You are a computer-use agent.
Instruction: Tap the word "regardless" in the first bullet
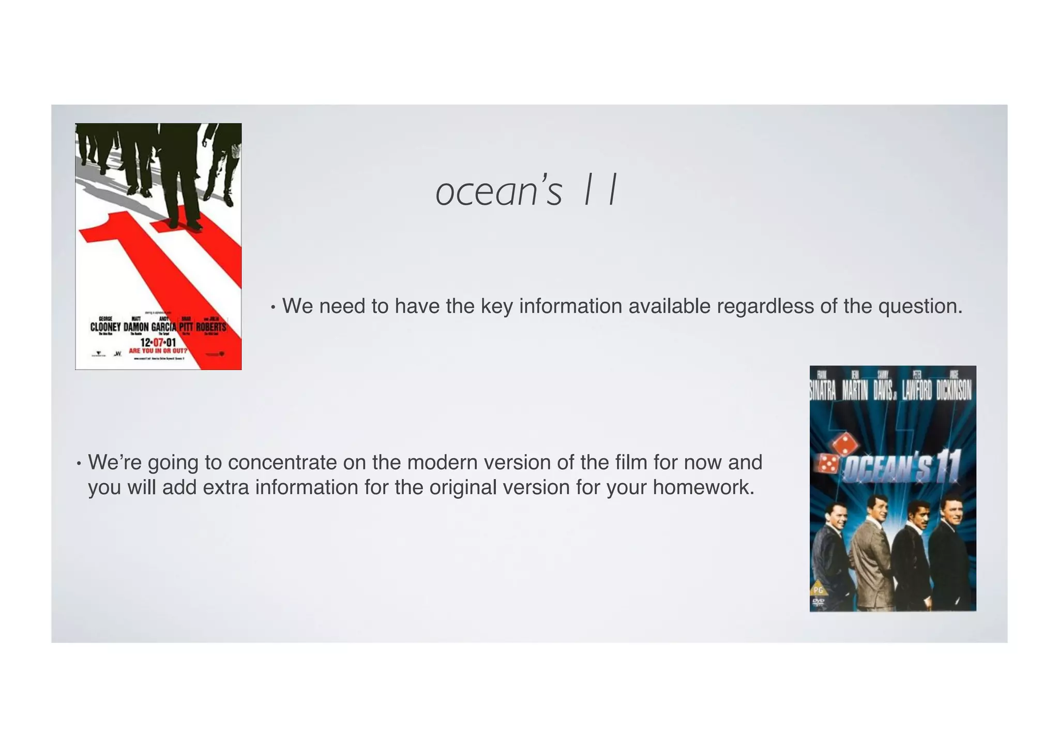click(x=765, y=307)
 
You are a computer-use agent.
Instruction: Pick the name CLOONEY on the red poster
click(x=105, y=327)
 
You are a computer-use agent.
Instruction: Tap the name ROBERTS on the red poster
click(x=211, y=327)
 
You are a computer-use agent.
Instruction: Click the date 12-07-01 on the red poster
click(x=158, y=343)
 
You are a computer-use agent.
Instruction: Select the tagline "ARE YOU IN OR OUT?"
click(x=158, y=350)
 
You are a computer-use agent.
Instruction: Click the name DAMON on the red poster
click(x=136, y=327)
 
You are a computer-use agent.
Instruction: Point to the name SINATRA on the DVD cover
click(x=823, y=391)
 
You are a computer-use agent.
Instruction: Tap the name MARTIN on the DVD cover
click(x=855, y=391)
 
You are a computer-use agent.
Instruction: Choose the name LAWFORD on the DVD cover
click(x=917, y=391)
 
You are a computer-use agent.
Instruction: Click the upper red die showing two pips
click(x=843, y=444)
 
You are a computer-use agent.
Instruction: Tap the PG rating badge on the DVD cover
click(x=818, y=589)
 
